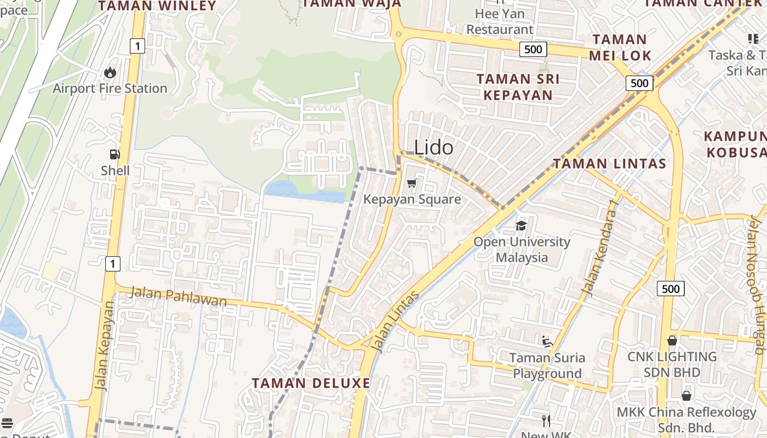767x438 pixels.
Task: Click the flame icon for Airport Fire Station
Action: click(110, 72)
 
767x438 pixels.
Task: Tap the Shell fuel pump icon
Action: click(115, 155)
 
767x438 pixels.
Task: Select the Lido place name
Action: click(433, 147)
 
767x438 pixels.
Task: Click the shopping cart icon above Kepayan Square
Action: click(412, 183)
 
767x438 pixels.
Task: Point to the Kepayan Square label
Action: click(412, 199)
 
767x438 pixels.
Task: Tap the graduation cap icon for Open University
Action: click(521, 226)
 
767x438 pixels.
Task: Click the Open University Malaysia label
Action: click(522, 249)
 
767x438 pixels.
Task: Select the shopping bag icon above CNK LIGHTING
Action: click(672, 341)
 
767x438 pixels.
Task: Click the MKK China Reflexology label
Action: click(686, 419)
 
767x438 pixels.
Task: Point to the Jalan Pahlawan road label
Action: click(176, 297)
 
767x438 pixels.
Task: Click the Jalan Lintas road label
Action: click(394, 321)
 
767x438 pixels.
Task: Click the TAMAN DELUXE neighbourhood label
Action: click(311, 383)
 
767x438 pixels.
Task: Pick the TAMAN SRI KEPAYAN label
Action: click(518, 87)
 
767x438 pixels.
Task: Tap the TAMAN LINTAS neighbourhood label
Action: click(609, 163)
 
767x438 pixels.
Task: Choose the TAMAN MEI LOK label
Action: click(620, 47)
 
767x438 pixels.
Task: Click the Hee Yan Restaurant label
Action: click(500, 21)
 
